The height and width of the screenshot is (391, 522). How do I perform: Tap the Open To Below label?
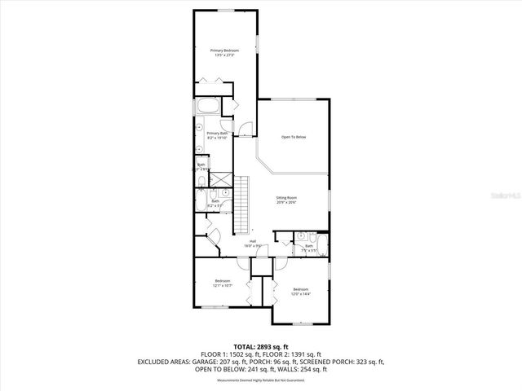(294, 136)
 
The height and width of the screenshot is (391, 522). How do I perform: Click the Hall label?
(253, 242)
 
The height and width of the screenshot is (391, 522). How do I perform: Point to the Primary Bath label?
(217, 135)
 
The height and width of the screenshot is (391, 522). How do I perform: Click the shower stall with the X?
(219, 178)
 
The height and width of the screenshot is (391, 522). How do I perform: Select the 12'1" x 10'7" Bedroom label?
(223, 283)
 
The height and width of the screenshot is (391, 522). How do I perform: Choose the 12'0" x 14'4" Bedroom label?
(301, 291)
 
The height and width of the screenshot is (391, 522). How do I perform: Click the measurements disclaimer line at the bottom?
(261, 380)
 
